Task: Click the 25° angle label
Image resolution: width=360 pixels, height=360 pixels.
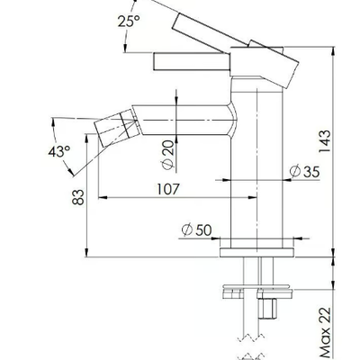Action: (129, 21)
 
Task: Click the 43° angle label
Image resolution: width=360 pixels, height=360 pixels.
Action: (59, 151)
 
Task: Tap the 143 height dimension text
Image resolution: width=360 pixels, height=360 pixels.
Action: (325, 141)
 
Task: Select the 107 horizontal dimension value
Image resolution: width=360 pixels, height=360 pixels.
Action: (168, 189)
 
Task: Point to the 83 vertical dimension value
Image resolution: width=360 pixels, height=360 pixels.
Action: (78, 197)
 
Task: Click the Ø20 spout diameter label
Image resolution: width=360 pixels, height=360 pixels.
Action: (168, 155)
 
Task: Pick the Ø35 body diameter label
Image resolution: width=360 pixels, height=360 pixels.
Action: (305, 172)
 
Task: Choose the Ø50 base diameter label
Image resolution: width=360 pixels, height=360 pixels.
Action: (196, 230)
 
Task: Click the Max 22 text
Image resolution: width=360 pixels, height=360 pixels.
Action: (325, 333)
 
